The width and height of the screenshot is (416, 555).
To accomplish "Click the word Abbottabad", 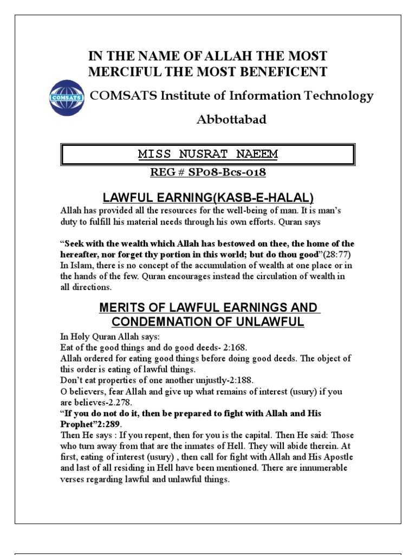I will point(231,120).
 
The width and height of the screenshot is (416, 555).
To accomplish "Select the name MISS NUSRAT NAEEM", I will point(208,154).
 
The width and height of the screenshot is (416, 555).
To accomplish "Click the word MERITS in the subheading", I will point(122,308).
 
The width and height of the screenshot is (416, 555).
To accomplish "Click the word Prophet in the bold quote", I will point(76,423).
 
